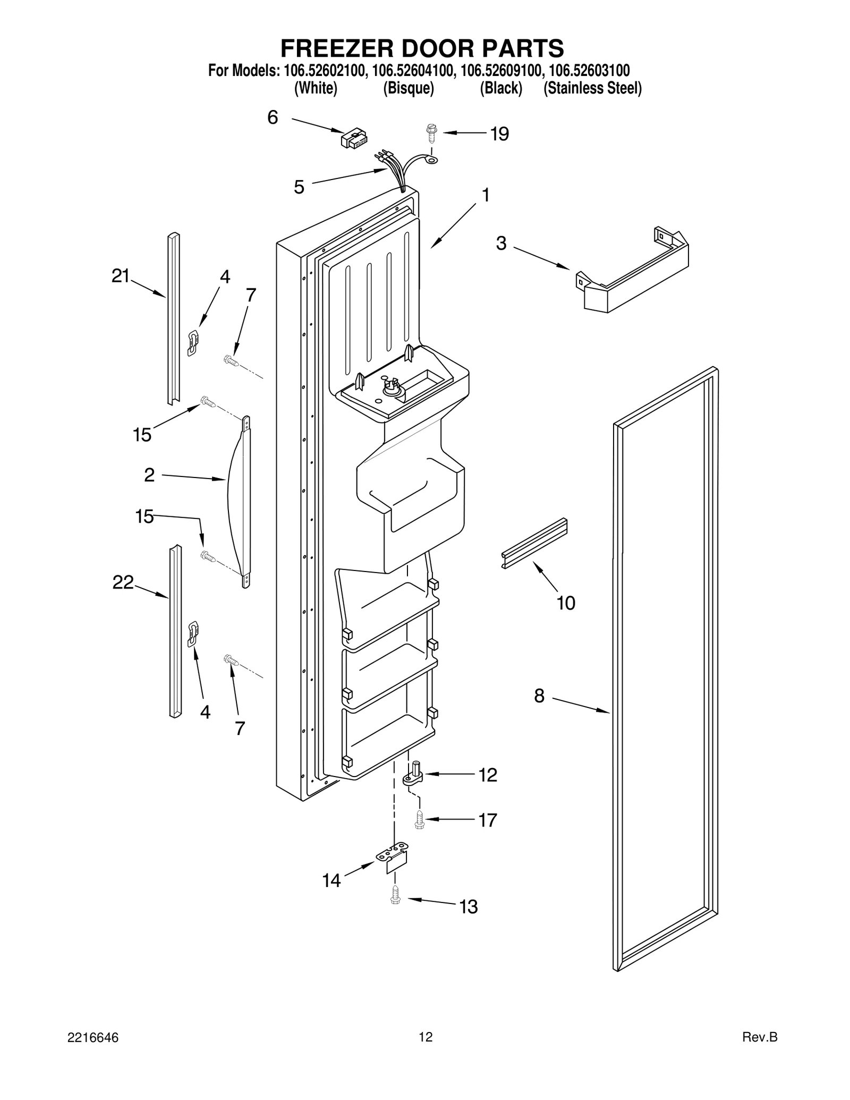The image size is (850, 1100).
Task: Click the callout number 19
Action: (499, 134)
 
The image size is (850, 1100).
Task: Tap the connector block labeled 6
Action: (354, 139)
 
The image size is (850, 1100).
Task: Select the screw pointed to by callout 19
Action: (431, 133)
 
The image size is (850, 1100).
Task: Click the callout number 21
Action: (121, 276)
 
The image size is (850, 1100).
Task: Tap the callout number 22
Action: (123, 583)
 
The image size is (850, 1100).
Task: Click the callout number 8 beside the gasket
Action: (539, 696)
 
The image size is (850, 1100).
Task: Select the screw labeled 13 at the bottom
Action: (395, 896)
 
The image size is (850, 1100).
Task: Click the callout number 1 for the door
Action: (485, 195)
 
